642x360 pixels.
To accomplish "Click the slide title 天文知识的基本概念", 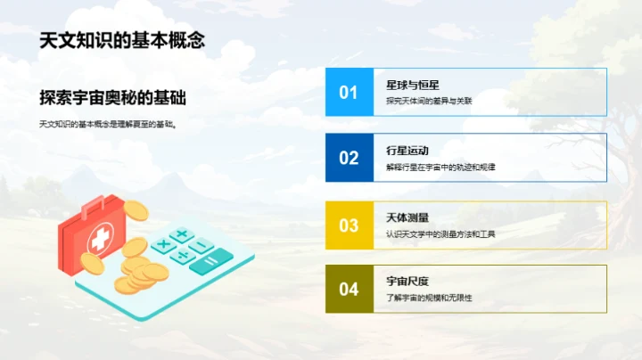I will (123, 41).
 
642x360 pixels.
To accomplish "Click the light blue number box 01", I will (349, 92).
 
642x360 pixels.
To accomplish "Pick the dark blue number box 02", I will (349, 158).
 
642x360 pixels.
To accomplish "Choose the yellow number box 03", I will (349, 225).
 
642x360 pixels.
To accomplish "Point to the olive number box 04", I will (349, 289).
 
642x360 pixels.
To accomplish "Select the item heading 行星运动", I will (403, 151).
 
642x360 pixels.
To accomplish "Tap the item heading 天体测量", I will (403, 217).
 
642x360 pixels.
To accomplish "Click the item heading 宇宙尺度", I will (403, 282).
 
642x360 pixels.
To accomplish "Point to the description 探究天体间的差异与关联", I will (429, 101).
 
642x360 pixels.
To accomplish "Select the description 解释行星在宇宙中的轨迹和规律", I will (441, 167).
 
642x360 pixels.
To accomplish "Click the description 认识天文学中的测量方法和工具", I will (441, 233).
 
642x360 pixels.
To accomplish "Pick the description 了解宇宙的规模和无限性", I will (429, 298).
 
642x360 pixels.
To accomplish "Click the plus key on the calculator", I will (182, 235).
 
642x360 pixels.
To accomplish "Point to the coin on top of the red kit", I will (135, 210).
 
